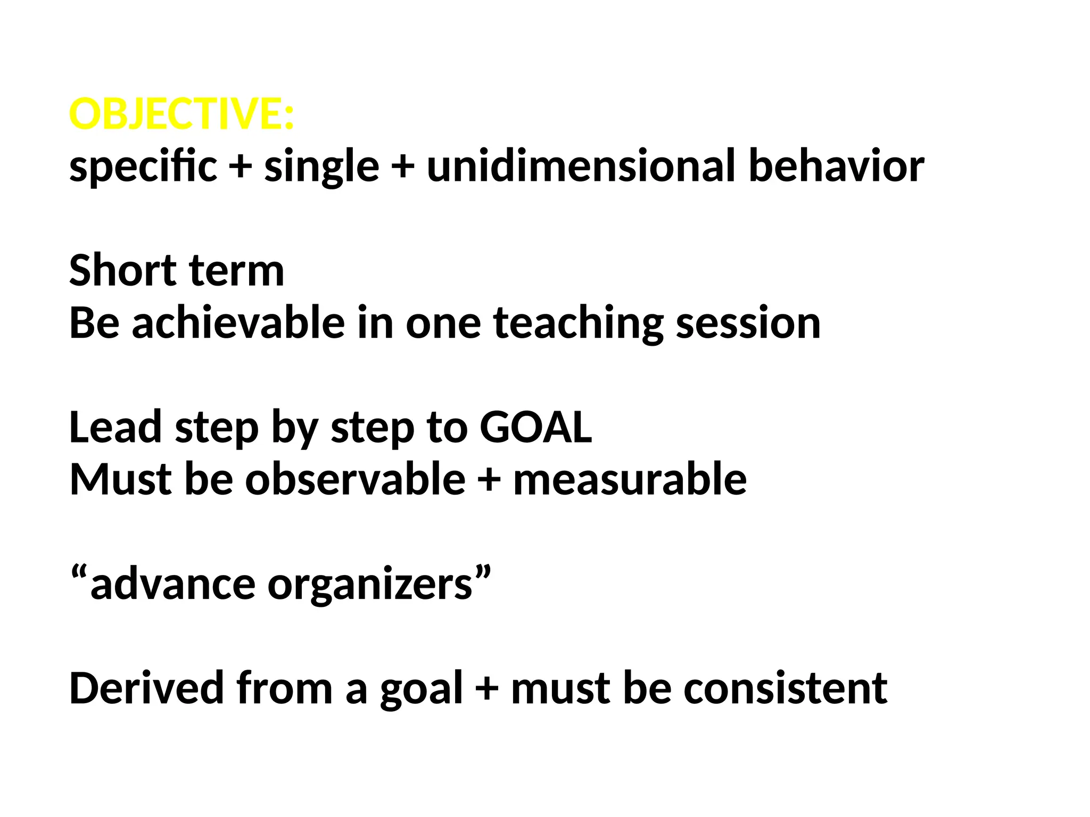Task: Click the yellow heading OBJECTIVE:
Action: (x=181, y=114)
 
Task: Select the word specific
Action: (x=143, y=166)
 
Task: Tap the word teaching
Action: (x=578, y=323)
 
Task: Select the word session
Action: (x=748, y=323)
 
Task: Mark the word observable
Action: (x=355, y=479)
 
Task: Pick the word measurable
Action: (x=630, y=479)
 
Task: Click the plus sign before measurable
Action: (x=489, y=479)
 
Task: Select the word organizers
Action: (x=370, y=585)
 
